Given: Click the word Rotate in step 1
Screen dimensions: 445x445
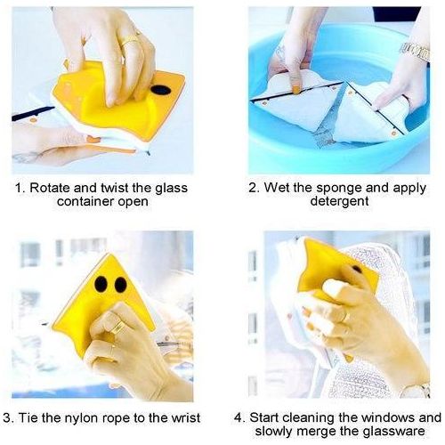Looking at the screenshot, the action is [x=50, y=188].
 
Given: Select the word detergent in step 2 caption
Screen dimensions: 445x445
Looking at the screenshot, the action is [x=339, y=202].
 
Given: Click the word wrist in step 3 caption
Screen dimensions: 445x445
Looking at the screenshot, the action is [x=186, y=417].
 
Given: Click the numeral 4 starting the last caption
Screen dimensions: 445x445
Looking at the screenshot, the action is [x=238, y=417].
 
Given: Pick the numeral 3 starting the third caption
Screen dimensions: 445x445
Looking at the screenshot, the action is [x=7, y=418].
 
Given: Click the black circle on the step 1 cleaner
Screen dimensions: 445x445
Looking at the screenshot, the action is [x=161, y=90].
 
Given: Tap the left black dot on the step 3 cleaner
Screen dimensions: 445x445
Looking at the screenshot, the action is [x=101, y=284].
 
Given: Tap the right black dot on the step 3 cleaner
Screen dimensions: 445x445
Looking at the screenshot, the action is [x=121, y=285].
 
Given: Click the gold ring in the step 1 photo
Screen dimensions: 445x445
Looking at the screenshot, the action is [x=131, y=41].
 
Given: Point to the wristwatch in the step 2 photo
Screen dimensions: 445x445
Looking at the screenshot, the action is [x=415, y=53].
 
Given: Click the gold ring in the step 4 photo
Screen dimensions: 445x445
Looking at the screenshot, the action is [x=345, y=317].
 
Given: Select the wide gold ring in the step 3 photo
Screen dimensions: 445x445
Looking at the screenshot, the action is [x=118, y=327].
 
